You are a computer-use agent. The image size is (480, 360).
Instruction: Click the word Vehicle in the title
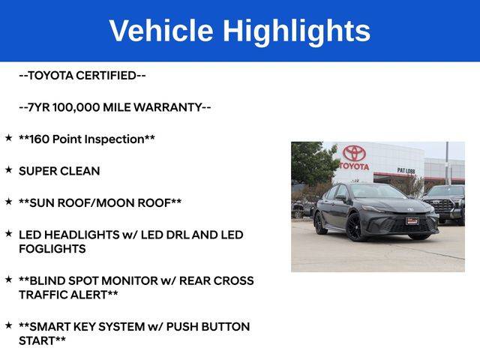tap(161, 31)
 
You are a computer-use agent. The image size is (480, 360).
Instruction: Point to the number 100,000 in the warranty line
tap(76, 107)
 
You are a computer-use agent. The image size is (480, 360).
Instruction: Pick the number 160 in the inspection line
tap(40, 139)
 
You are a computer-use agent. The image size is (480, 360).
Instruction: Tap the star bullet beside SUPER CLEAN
tap(8, 169)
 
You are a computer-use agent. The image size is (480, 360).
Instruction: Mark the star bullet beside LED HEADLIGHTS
tap(8, 233)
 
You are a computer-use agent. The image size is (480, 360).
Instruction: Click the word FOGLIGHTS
tap(52, 249)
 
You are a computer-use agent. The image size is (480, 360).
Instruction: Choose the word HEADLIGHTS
tap(82, 235)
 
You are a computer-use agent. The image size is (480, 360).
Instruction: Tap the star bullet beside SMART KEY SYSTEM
tap(8, 325)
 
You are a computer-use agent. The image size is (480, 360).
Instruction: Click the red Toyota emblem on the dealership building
tap(354, 153)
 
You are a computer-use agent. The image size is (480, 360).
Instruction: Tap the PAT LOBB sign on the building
tap(406, 170)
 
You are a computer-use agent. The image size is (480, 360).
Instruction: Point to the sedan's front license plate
tap(412, 221)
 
